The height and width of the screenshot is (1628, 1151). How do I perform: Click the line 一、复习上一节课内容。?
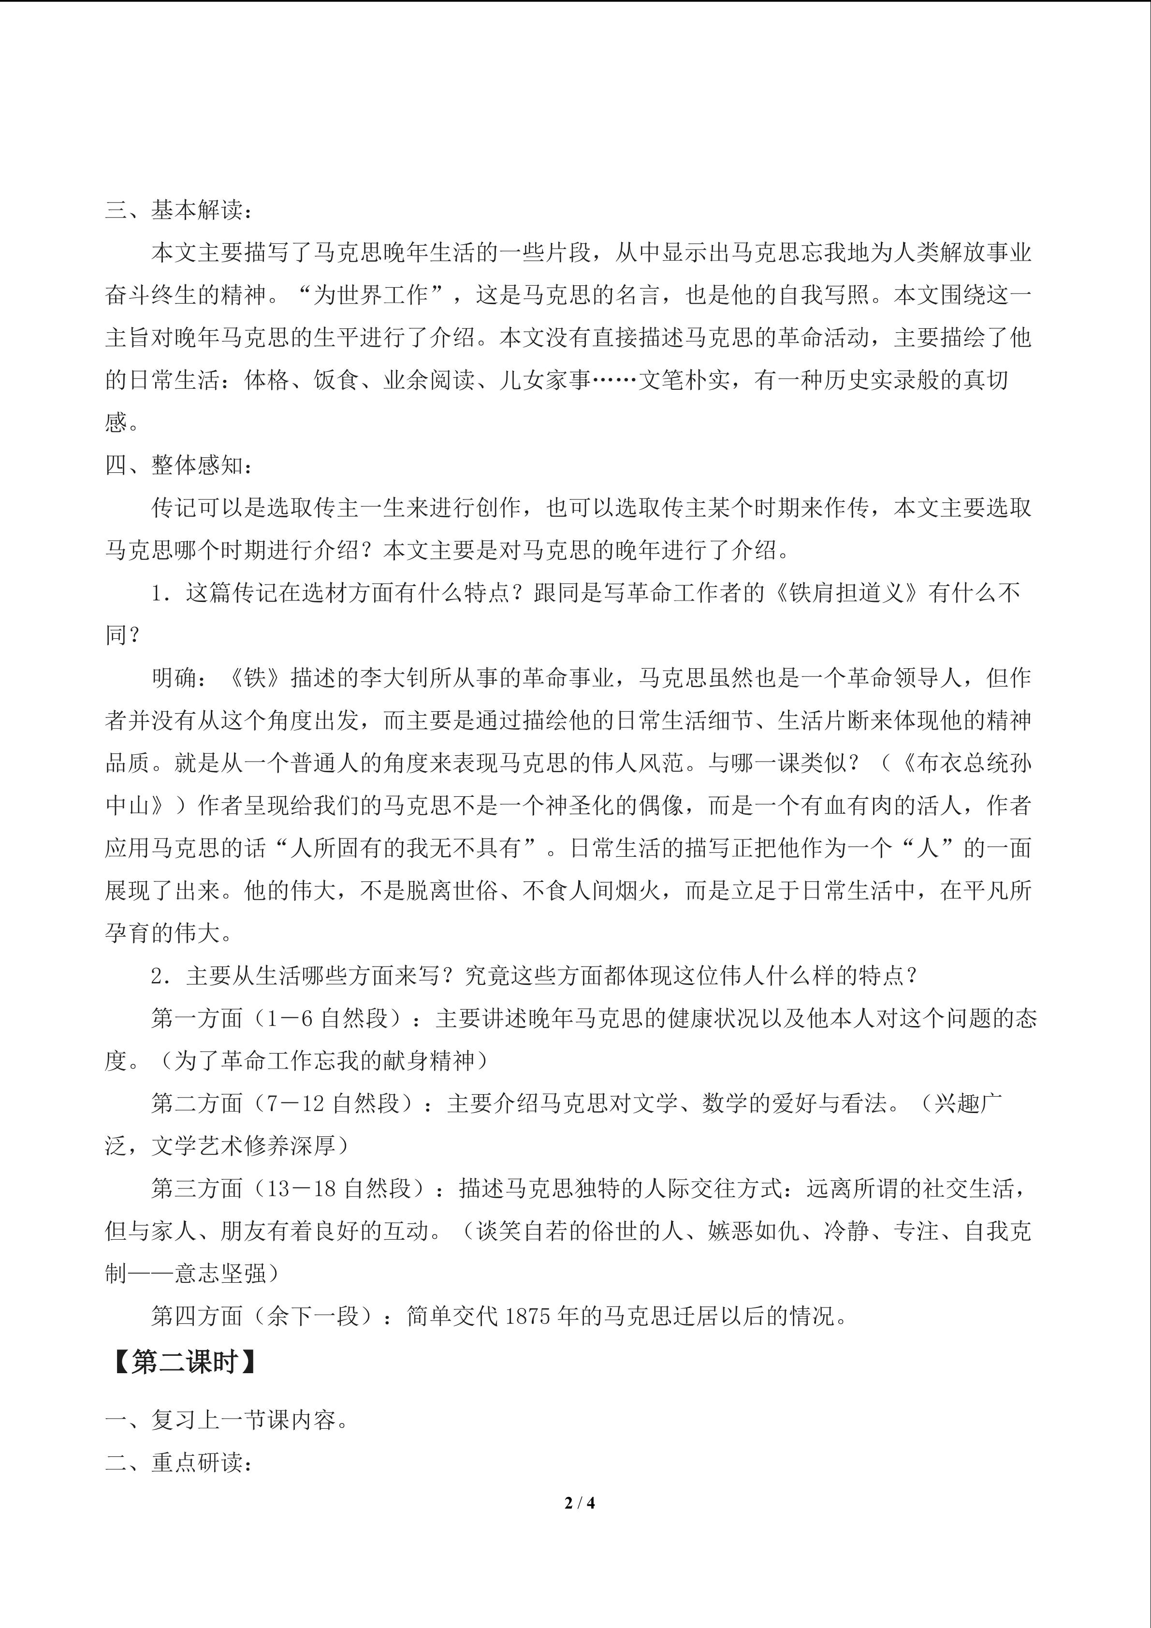click(227, 1420)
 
